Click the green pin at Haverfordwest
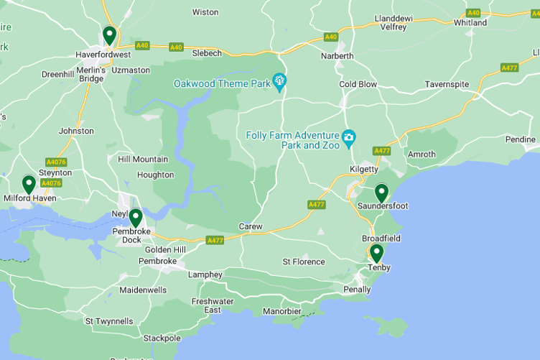pos(109,34)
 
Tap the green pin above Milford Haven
pos(29,184)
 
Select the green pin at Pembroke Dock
pos(135,217)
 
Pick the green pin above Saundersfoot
pos(381,192)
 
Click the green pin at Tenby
pos(376,253)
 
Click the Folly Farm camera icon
pos(349,137)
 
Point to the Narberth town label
pos(337,56)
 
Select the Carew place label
pos(251,226)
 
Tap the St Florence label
pos(304,262)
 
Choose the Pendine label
pos(520,139)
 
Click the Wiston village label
pos(205,12)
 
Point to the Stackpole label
pos(162,338)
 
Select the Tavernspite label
pos(447,84)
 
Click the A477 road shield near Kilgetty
pos(381,151)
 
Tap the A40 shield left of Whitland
pos(473,13)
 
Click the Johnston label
pos(76,131)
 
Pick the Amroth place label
pos(422,154)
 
